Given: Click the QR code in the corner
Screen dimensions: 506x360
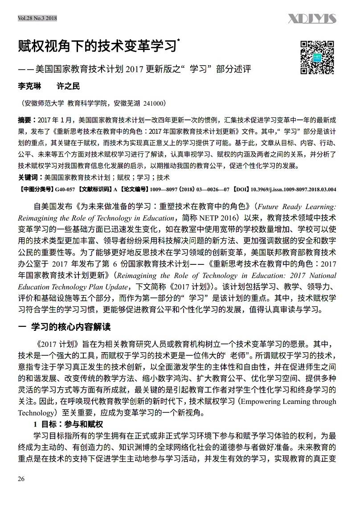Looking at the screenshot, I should point(317,57).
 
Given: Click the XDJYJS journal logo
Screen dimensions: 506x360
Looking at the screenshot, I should point(312,19).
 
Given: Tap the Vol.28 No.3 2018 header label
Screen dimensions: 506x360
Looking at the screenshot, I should point(37,18).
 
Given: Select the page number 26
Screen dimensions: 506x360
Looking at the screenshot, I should point(21,479).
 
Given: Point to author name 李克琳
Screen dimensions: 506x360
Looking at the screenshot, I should point(29,86).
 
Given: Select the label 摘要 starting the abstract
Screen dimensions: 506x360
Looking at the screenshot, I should point(25,120).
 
